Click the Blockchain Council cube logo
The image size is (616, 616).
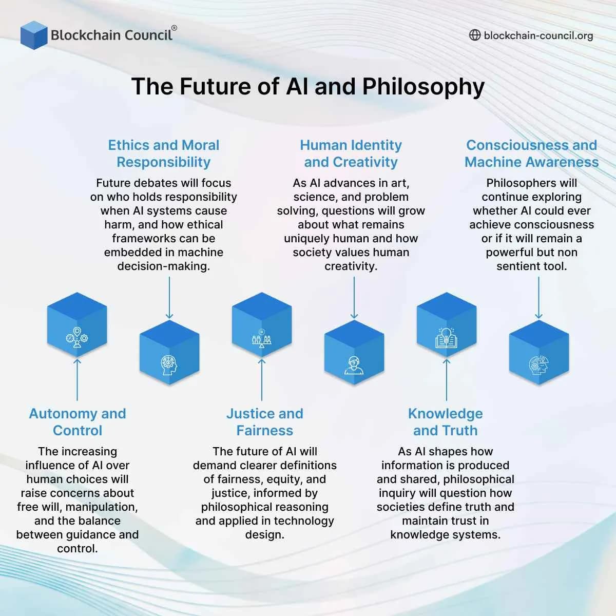tap(34, 35)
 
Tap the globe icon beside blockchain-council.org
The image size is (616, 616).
tap(475, 35)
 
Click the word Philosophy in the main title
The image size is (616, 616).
tap(423, 86)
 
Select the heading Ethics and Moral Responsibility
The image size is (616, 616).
tap(164, 153)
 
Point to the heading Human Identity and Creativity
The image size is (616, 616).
tap(351, 153)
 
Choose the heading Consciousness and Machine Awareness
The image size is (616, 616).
tap(532, 153)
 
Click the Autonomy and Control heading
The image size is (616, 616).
tap(78, 422)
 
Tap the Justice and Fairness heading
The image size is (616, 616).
tap(265, 422)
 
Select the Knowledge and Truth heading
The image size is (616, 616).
tap(446, 422)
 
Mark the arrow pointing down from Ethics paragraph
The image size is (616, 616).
tap(169, 298)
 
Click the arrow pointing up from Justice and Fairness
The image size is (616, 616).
tap(262, 380)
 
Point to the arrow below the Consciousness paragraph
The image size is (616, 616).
tap(538, 298)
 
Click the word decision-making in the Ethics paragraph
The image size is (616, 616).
tap(164, 266)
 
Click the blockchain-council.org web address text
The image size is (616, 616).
tap(538, 35)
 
